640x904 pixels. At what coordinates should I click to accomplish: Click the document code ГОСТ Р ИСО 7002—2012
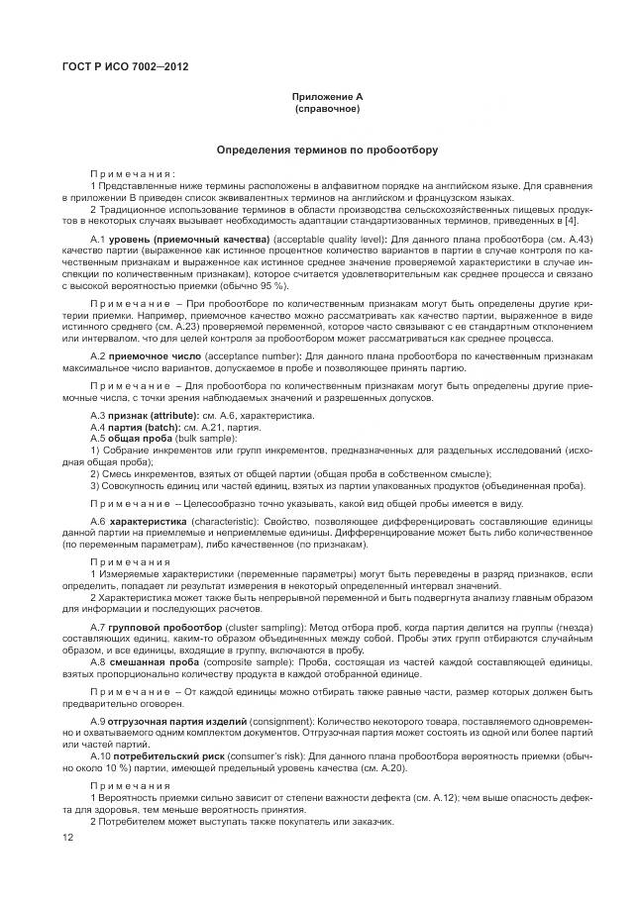point(125,66)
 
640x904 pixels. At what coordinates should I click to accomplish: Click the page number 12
point(68,838)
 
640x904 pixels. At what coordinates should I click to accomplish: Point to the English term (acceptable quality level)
point(324,241)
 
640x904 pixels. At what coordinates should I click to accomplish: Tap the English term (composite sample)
point(239,662)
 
